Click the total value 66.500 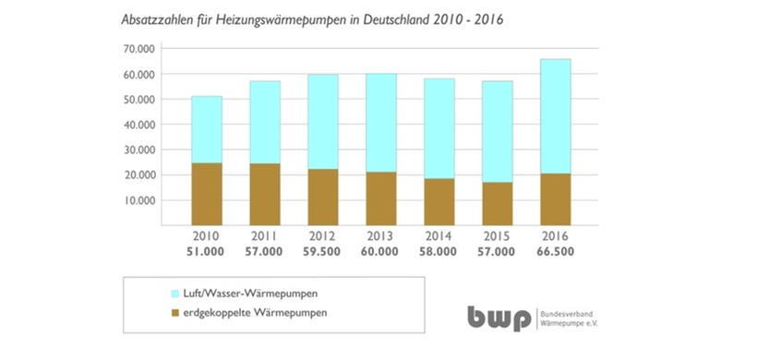pyautogui.click(x=556, y=251)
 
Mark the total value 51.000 pyautogui.click(x=207, y=251)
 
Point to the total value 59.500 pyautogui.click(x=323, y=251)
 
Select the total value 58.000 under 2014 pyautogui.click(x=439, y=251)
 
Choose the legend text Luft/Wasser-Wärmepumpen pyautogui.click(x=206, y=293)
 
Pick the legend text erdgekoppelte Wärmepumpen pyautogui.click(x=210, y=313)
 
